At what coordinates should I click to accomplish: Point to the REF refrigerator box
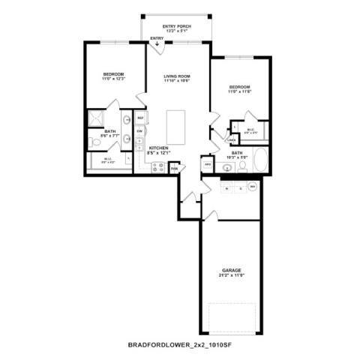point(140,118)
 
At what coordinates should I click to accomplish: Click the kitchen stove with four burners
point(158,166)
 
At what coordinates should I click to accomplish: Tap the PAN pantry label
point(174,169)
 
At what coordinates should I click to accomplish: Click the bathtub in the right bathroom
point(260,160)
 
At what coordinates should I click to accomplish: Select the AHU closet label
point(207,164)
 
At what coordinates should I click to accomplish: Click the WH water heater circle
point(253,186)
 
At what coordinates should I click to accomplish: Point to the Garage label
point(231,269)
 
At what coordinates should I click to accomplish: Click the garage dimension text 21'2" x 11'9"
point(231,275)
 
